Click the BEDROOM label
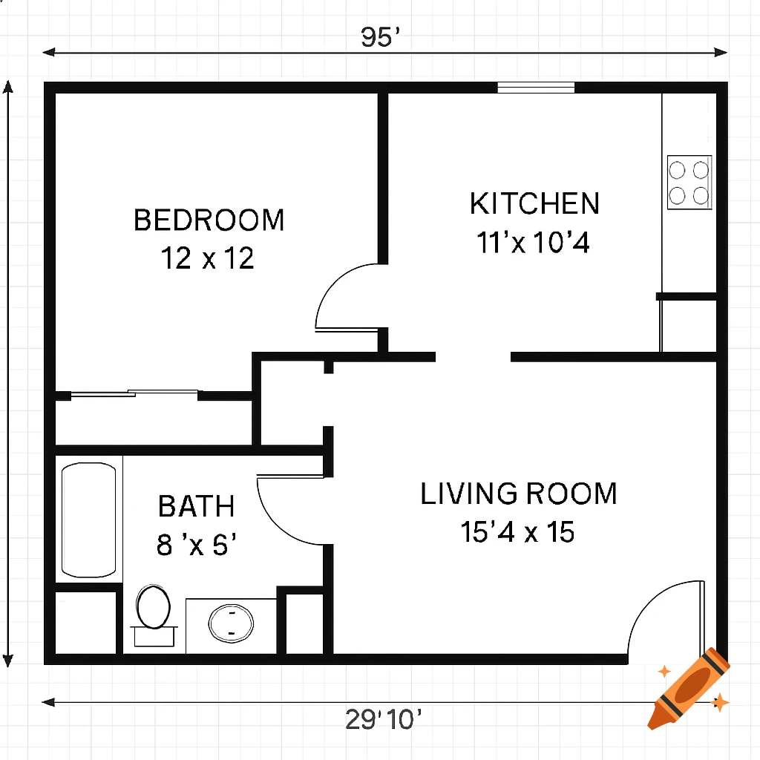click(209, 220)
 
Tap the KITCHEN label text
click(534, 204)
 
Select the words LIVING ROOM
click(519, 494)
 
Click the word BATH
click(197, 507)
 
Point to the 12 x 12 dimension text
click(208, 258)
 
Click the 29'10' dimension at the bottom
click(384, 719)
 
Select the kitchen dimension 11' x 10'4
click(534, 243)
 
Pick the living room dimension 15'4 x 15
click(518, 532)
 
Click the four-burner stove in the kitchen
click(689, 183)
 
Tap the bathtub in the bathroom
click(89, 520)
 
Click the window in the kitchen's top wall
click(536, 88)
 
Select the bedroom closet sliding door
click(134, 394)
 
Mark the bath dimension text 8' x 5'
click(197, 546)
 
